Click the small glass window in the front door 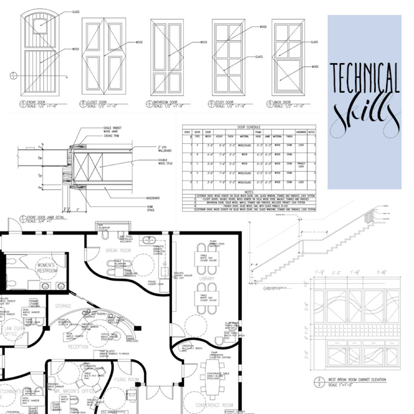tap(40, 26)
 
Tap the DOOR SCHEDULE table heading tap(249, 127)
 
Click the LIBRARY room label tap(207, 279)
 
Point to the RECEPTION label tap(78, 347)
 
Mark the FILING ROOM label tap(127, 379)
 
